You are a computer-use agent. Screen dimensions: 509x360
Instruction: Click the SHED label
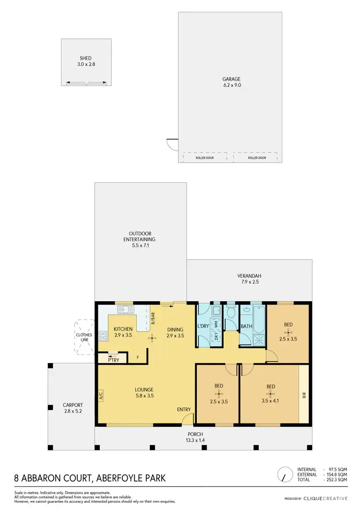click(85, 58)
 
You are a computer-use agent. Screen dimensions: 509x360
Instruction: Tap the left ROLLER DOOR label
click(204, 157)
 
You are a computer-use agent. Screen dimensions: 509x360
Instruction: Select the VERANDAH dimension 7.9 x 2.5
click(249, 283)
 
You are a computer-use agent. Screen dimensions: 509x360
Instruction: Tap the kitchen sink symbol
click(126, 309)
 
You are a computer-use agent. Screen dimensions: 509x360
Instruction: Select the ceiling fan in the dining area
click(152, 338)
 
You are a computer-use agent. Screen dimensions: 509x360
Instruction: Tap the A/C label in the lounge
click(101, 396)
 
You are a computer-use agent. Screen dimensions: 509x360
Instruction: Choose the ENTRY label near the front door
click(184, 409)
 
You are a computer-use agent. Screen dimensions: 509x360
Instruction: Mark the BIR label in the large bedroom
click(303, 396)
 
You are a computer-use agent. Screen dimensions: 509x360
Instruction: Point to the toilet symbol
click(231, 312)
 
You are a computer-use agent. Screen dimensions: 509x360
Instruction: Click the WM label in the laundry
click(216, 324)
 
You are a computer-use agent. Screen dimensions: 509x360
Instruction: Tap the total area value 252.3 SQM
click(336, 479)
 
